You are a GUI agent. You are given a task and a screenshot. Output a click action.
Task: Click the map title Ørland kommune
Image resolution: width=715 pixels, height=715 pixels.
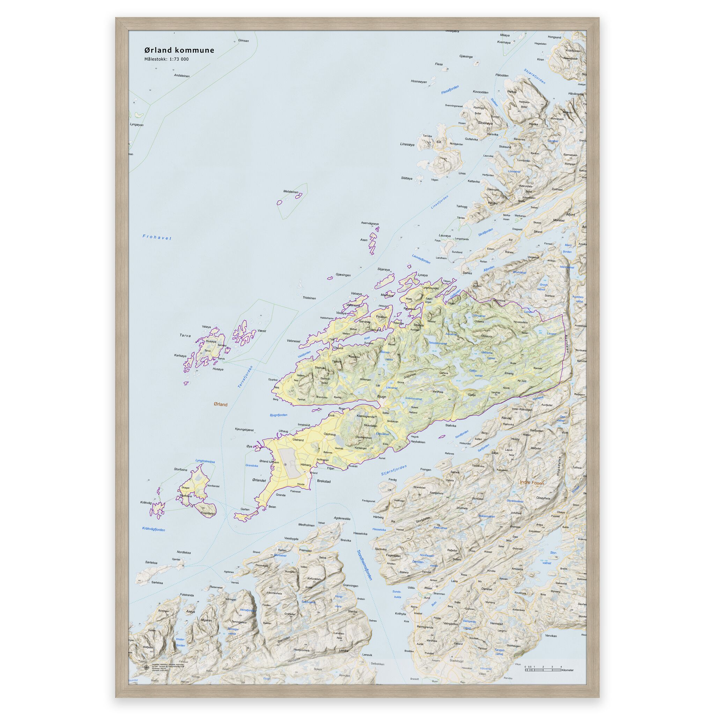coord(179,50)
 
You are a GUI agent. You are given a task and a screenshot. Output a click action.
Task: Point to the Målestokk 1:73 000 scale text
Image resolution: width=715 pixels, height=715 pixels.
coord(166,59)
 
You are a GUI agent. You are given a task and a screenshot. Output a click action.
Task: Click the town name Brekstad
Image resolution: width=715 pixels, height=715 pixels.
coord(324,481)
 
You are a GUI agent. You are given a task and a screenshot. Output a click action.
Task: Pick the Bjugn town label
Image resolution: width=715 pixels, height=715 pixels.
coord(381,396)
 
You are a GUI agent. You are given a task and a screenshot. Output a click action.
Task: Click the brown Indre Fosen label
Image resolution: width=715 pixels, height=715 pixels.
coord(532,482)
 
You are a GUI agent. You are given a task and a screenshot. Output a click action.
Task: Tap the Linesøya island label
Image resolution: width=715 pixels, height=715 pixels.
coord(407,144)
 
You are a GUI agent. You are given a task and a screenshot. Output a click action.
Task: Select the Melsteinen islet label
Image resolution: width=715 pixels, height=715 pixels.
coord(290,191)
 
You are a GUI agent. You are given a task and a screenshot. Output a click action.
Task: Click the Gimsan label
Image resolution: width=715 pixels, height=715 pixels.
coord(244,41)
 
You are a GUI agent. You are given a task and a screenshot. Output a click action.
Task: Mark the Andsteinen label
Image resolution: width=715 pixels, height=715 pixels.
coord(182,76)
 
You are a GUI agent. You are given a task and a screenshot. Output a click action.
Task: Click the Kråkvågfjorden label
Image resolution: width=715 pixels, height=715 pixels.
coord(153,530)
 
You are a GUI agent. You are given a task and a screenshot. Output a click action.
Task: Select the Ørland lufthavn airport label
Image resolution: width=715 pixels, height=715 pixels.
coord(270,461)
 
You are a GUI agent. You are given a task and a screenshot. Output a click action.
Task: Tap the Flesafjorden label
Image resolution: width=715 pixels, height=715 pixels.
coord(450,89)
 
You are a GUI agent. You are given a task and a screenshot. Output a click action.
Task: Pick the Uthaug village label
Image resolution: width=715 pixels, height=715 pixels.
coord(283,431)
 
